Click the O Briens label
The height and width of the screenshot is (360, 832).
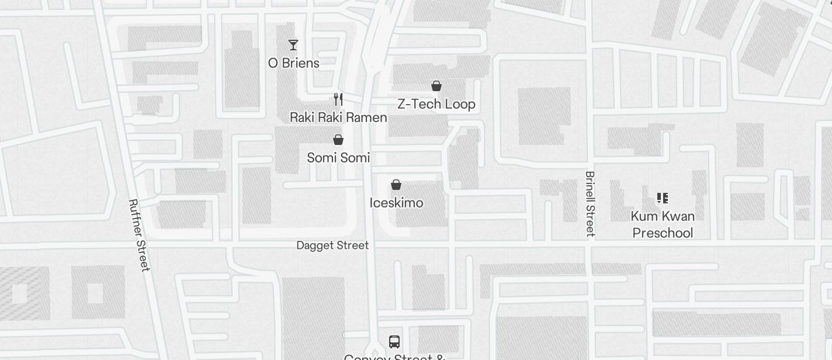[x=293, y=63]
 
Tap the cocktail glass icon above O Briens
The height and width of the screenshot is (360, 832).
[x=293, y=45]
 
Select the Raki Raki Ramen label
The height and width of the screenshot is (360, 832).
[x=338, y=117]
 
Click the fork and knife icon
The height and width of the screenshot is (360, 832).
[x=338, y=99]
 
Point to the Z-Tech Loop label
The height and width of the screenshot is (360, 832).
[x=436, y=105]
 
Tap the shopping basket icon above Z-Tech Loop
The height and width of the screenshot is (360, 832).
[x=436, y=86]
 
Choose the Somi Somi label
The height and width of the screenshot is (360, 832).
[x=338, y=158]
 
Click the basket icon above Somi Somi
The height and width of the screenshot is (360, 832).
[x=338, y=140]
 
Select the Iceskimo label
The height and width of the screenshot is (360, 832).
[x=396, y=203]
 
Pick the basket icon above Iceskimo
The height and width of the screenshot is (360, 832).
[x=396, y=185]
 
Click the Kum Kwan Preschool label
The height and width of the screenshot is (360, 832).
[x=663, y=225]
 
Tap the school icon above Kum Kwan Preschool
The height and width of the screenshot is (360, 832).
[x=662, y=198]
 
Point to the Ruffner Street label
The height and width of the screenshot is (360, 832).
[x=139, y=235]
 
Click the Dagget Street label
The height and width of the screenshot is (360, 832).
[x=332, y=245]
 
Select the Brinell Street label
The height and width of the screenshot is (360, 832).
[x=590, y=203]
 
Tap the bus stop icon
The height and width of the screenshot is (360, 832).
[x=394, y=341]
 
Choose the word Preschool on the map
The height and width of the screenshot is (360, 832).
[x=663, y=233]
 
